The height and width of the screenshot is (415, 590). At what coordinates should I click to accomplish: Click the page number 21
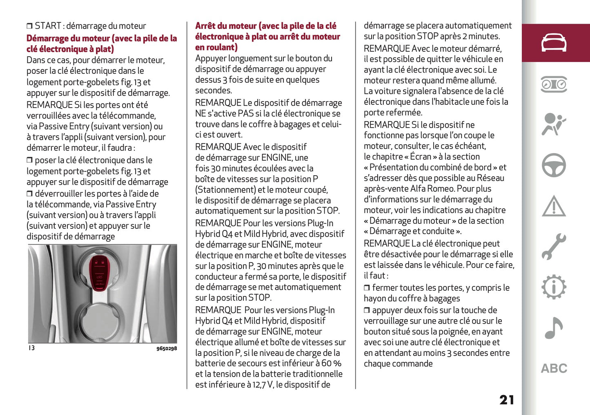[506, 400]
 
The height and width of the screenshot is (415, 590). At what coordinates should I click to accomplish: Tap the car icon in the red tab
[554, 43]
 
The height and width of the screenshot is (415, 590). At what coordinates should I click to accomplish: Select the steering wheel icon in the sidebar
[554, 165]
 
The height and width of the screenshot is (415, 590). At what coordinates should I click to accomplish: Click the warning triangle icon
[554, 206]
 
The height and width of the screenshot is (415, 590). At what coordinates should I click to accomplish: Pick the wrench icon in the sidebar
[554, 247]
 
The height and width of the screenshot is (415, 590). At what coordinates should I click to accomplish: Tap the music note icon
[554, 328]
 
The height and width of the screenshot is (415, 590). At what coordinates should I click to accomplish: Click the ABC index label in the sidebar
[554, 369]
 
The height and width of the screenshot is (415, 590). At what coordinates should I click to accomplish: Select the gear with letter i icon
[554, 287]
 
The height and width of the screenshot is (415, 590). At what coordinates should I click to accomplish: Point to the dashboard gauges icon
[554, 84]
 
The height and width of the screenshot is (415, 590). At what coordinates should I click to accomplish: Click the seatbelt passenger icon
[554, 124]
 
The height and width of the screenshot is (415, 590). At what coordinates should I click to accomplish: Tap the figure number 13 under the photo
[31, 348]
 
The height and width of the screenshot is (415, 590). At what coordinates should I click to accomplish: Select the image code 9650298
[167, 349]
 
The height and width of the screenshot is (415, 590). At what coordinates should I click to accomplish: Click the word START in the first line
[48, 26]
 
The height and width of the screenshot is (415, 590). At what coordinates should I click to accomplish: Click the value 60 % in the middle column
[331, 363]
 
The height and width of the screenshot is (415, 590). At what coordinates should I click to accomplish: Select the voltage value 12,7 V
[263, 384]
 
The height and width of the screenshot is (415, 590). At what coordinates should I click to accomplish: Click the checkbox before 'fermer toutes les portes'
[367, 288]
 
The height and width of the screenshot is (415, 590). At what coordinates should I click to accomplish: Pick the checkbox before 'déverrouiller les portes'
[29, 194]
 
